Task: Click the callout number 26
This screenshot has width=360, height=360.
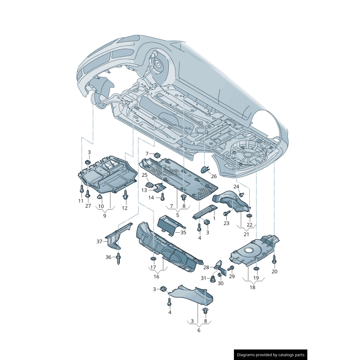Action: click(213, 176)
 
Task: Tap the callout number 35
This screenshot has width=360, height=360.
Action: click(183, 233)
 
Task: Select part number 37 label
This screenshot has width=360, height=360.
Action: click(99, 242)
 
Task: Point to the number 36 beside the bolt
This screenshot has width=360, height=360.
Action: click(108, 257)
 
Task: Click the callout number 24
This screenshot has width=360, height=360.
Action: click(236, 186)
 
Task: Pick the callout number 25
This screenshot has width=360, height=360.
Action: click(144, 175)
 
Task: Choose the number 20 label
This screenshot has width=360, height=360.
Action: click(274, 271)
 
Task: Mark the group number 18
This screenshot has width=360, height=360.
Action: click(252, 287)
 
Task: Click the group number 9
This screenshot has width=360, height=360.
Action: click(104, 216)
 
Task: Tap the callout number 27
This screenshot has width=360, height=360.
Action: click(88, 206)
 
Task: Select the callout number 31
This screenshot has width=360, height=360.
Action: click(203, 278)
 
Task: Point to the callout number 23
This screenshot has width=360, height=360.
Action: click(226, 223)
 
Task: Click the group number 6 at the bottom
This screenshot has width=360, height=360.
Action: click(198, 330)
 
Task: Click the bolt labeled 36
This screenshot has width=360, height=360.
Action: click(119, 258)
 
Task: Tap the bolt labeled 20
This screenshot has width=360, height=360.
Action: click(274, 260)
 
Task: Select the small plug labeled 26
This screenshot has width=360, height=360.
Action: click(204, 169)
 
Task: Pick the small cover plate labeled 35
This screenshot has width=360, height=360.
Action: click(168, 224)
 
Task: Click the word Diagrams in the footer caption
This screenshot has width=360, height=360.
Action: click(249, 355)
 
